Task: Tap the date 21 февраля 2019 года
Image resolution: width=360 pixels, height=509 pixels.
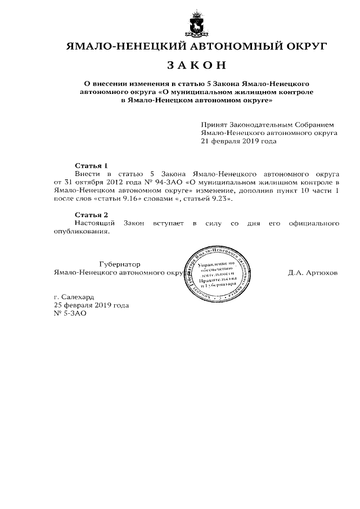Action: coord(239,141)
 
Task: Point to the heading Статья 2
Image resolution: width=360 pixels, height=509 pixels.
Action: coord(91,215)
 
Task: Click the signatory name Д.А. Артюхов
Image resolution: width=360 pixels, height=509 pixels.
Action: coord(313,273)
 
